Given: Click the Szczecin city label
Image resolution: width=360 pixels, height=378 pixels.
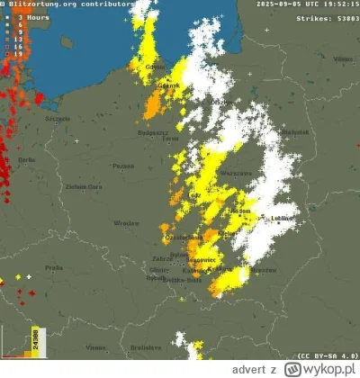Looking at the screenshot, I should (33, 118).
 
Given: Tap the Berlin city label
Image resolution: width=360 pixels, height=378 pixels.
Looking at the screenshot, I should (26, 159).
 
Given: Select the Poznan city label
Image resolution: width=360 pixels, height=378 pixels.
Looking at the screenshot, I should (123, 166).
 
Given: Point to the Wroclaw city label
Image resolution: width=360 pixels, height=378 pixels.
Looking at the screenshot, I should (126, 222).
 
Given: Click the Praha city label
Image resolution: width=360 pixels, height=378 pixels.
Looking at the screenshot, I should (54, 267).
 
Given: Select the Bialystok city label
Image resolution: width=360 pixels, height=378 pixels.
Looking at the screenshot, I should (294, 131).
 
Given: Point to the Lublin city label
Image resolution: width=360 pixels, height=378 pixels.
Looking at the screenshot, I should (285, 219).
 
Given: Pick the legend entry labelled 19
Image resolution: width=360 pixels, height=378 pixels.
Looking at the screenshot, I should (17, 54).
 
